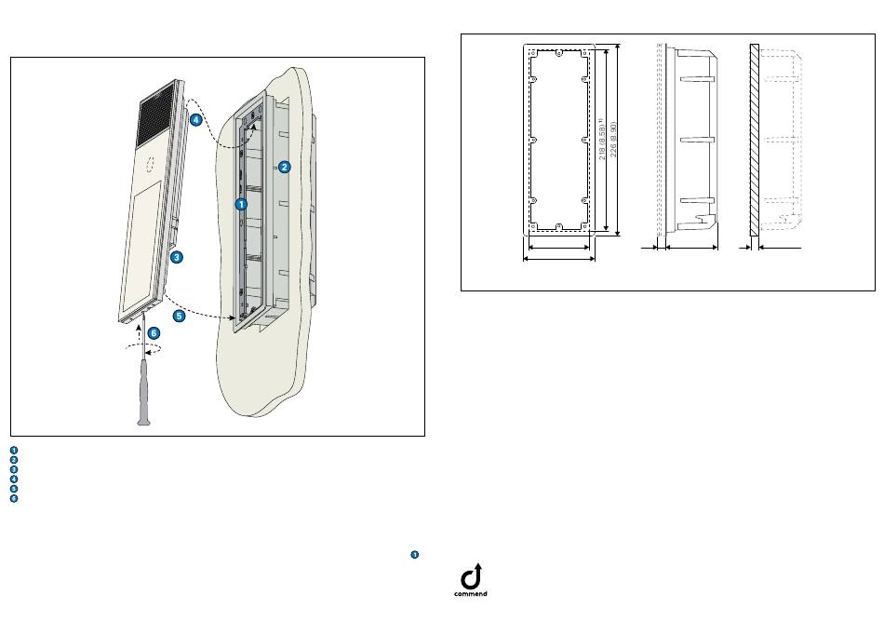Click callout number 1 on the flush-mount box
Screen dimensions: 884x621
point(240,203)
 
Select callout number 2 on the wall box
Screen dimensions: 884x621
point(284,168)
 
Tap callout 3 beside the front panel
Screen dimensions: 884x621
point(176,256)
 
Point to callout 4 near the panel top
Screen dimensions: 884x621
point(195,120)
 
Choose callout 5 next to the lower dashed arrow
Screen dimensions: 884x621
point(179,317)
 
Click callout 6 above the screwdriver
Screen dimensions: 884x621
point(154,332)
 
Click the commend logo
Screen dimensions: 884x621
point(470,580)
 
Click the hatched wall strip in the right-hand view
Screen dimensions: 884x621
point(755,140)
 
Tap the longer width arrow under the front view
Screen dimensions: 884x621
point(559,260)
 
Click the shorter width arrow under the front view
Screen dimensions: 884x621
point(559,248)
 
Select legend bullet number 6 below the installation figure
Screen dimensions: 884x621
point(14,499)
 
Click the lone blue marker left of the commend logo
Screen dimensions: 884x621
point(413,555)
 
